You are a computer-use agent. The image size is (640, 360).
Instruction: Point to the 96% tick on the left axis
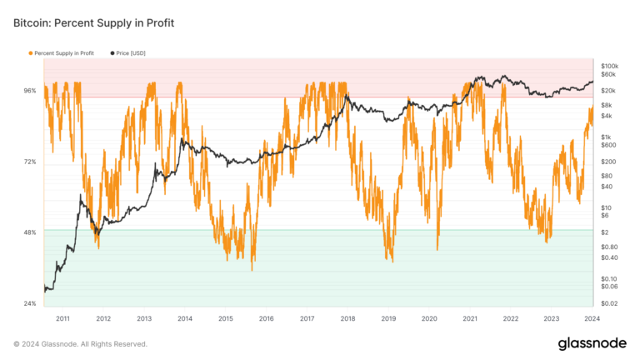click(29, 90)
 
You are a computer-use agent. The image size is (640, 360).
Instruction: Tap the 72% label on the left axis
click(29, 162)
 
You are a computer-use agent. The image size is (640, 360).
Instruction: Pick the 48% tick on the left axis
click(29, 232)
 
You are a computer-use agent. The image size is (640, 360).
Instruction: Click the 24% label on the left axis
click(29, 303)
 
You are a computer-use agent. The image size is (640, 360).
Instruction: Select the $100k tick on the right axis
click(609, 65)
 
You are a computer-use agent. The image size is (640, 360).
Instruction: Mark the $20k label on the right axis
click(608, 90)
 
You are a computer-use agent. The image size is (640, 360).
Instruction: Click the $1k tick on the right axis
click(606, 137)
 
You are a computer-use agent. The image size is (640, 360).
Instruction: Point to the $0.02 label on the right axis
click(609, 303)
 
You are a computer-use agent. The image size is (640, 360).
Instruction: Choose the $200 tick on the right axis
click(607, 162)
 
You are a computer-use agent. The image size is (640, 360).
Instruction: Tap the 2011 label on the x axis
click(62, 318)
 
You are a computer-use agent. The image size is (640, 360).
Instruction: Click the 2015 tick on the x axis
click(225, 318)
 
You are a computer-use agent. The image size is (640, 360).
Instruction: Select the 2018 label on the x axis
click(347, 318)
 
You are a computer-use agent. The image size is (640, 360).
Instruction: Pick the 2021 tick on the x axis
click(470, 318)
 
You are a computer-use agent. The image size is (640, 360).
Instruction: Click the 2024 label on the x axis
click(592, 318)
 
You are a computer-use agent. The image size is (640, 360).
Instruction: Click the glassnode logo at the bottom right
click(592, 343)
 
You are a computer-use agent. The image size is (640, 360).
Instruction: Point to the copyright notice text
click(80, 343)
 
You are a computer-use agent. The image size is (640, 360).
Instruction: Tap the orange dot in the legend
click(31, 53)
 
